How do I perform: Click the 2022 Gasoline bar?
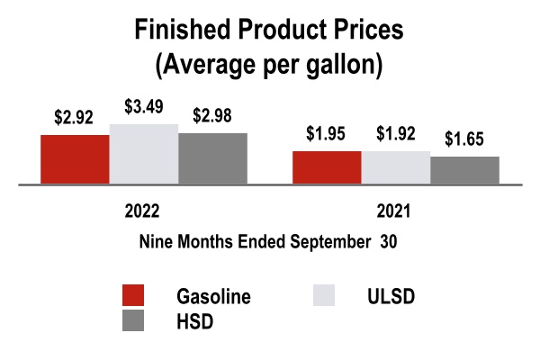(x=75, y=159)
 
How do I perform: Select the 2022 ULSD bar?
(x=144, y=154)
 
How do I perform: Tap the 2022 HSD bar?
(x=212, y=158)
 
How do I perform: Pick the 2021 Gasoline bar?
(x=327, y=167)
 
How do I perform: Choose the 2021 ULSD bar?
(x=396, y=168)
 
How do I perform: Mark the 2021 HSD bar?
(x=464, y=170)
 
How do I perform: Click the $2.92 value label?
(x=75, y=119)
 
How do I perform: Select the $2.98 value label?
(x=212, y=117)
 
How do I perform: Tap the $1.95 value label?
(x=327, y=135)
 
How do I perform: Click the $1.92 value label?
(x=396, y=136)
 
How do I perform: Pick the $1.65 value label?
(x=464, y=140)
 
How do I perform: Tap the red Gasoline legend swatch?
(x=133, y=296)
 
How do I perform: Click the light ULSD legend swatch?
(x=323, y=296)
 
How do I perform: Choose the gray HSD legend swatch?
(x=133, y=320)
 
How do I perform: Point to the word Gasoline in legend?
(x=213, y=296)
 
